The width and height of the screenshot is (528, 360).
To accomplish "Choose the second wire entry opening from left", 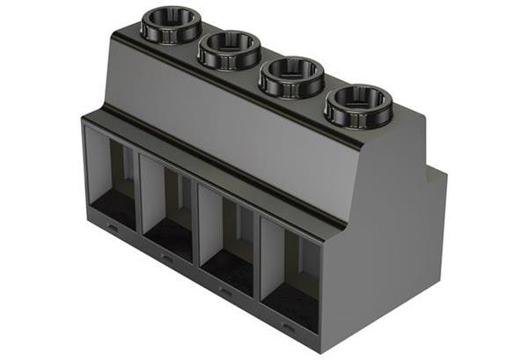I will coord(169,207).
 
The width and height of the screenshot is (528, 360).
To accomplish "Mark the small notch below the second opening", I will coord(165,258).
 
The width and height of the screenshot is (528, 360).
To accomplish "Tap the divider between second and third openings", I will coord(198,226).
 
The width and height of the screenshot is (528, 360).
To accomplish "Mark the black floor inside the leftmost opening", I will coord(114,209).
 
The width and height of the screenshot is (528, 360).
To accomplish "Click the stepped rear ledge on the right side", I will coord(436,176).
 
